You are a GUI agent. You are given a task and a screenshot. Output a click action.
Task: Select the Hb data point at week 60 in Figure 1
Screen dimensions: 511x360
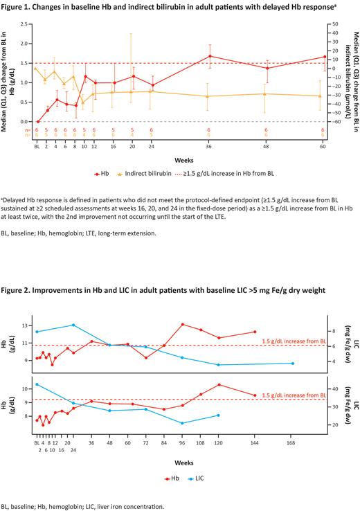click(x=323, y=57)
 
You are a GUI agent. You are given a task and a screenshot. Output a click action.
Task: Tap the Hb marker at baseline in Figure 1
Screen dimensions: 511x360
click(x=37, y=121)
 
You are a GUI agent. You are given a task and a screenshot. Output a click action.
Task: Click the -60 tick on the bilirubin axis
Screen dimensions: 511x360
click(x=334, y=122)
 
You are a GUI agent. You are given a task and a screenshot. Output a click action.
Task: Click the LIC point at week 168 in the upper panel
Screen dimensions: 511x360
click(x=293, y=364)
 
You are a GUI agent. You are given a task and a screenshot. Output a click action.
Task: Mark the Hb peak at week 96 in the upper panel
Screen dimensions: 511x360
click(x=182, y=324)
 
